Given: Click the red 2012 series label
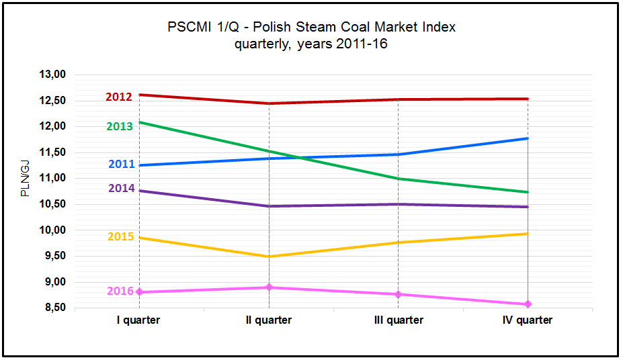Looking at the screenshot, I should [119, 97].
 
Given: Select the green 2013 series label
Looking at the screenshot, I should [120, 126].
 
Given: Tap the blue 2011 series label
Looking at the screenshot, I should [122, 164].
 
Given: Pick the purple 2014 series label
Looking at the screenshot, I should [122, 188].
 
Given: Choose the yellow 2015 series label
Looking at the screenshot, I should [121, 236].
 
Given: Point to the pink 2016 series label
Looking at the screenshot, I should [120, 291].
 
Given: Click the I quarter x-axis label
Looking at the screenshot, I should [138, 320].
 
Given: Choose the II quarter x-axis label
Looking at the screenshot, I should [269, 320].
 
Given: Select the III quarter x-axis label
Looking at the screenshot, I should [399, 320].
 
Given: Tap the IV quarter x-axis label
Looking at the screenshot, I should [528, 320].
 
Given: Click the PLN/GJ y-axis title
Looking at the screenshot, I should [26, 178].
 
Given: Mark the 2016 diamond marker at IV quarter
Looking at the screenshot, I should [528, 304].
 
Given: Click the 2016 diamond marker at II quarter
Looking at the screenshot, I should [269, 287].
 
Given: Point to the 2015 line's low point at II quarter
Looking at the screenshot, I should [269, 257].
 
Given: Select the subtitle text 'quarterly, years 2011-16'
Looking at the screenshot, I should [311, 44].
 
